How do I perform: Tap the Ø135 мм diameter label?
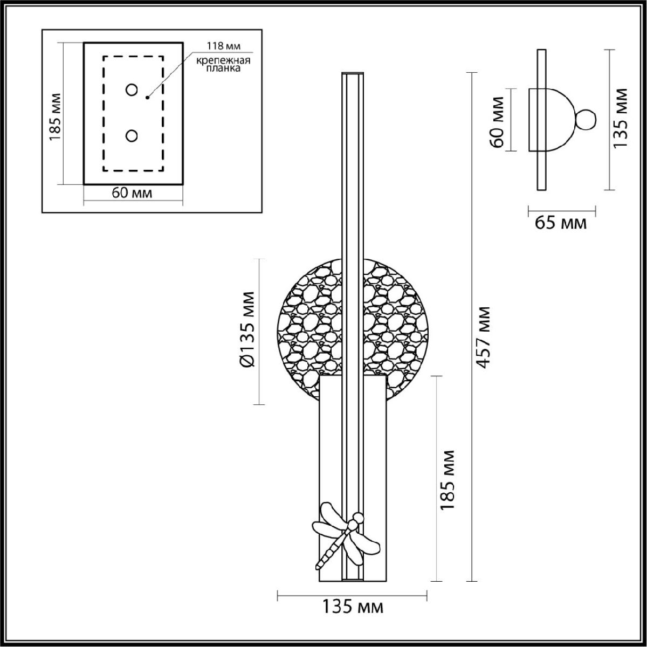(x=249, y=329)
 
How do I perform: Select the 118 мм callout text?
(x=224, y=46)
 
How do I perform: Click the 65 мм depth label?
(x=560, y=223)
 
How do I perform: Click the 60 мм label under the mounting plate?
(x=132, y=193)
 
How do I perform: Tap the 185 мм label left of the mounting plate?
(x=56, y=116)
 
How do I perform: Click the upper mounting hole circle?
(x=132, y=90)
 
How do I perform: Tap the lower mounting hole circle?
(x=132, y=136)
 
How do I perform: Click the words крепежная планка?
(x=223, y=65)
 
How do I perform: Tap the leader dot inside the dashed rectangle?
(x=147, y=98)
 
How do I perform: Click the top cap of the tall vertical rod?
(x=353, y=73)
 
